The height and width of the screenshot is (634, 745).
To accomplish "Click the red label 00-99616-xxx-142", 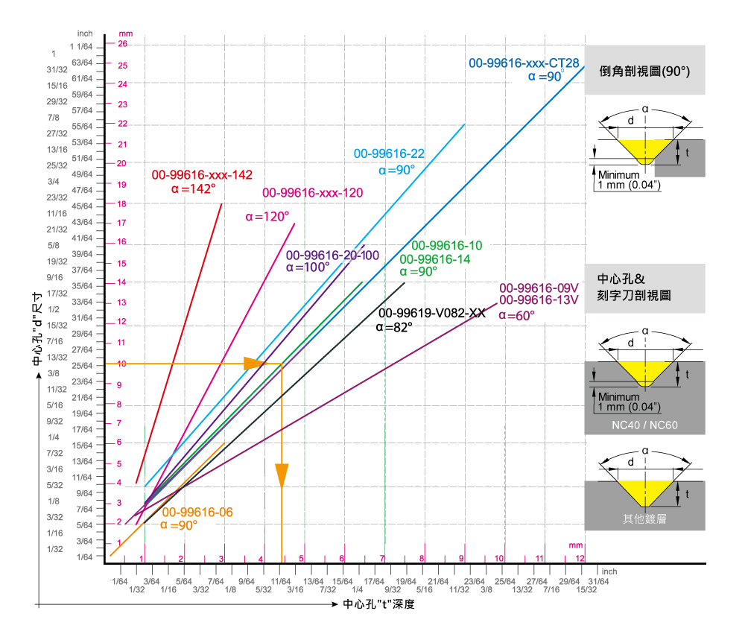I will click(202, 175).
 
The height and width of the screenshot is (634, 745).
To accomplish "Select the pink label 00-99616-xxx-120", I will click(313, 193).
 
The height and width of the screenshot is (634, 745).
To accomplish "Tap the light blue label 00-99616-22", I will click(389, 154).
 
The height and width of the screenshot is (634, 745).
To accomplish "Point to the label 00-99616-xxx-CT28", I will click(524, 63).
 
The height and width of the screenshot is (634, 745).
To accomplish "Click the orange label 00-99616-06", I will click(197, 513).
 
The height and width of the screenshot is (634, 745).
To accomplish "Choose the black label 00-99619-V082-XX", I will click(432, 313).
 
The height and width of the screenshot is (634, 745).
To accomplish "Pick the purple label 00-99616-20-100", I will click(332, 255).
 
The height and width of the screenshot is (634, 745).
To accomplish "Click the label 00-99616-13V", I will click(539, 300).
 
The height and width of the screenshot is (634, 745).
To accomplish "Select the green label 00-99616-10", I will click(447, 246).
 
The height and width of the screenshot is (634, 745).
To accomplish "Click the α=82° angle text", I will click(394, 326).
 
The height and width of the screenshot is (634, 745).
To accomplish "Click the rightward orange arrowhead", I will click(256, 363).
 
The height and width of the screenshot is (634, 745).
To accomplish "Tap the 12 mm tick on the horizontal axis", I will click(580, 558).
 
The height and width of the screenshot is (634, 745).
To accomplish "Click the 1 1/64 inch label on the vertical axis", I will click(83, 46).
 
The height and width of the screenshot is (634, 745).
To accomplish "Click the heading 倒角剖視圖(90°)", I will click(644, 72).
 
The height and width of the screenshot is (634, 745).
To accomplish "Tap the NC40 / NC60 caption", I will click(644, 425).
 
